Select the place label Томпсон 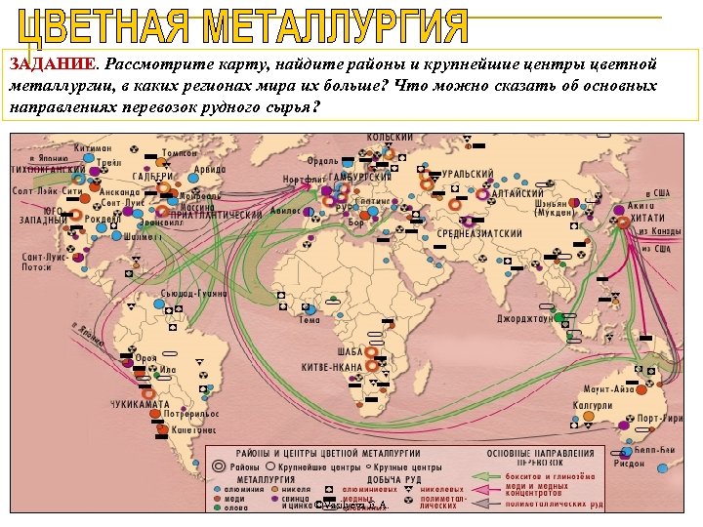tap(180, 152)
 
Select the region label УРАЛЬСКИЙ tap(467, 173)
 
